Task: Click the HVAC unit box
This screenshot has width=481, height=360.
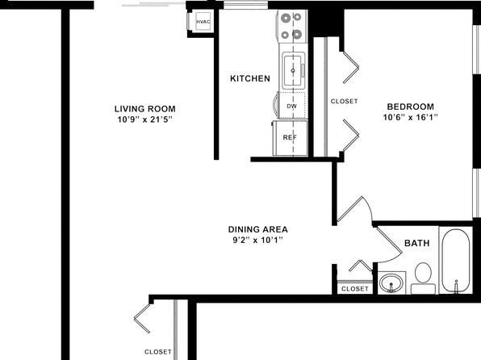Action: [203, 22]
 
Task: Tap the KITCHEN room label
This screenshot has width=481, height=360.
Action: [250, 78]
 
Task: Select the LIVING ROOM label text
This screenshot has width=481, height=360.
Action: [145, 109]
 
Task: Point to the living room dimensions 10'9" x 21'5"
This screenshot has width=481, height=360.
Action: [144, 119]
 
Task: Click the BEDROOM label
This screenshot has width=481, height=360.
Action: [411, 107]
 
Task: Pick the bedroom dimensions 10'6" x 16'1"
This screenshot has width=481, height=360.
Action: [410, 117]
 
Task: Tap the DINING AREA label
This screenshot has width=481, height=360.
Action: [257, 229]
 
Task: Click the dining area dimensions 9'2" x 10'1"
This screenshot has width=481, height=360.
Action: [257, 240]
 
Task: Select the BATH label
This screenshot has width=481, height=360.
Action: [417, 244]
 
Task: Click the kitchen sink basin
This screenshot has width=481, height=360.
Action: [293, 70]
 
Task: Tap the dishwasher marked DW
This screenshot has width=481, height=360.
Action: [291, 106]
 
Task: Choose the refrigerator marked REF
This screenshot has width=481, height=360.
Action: [290, 138]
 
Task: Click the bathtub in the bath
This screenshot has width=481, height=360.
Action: [456, 261]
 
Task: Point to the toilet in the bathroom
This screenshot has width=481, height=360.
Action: [423, 278]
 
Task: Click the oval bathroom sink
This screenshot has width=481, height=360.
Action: [391, 283]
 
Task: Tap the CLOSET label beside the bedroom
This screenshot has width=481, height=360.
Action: [344, 101]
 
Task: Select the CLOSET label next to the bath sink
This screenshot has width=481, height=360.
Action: [354, 289]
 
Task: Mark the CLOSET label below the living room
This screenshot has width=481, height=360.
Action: [158, 352]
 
